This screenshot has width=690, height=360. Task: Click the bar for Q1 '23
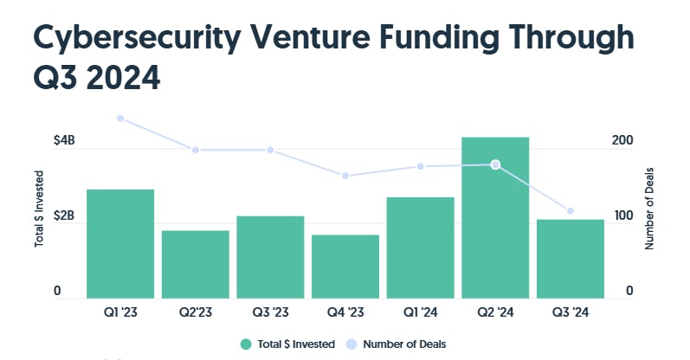point(120,243)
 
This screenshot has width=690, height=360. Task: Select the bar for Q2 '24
point(495,217)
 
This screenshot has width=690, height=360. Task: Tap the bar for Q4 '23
point(345,266)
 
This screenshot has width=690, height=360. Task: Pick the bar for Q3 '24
point(571,258)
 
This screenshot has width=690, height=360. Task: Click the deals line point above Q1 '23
point(120,119)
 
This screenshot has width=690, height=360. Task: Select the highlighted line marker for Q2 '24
point(495,164)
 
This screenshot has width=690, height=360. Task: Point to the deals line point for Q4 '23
point(345,176)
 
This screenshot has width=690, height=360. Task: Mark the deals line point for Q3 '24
point(571,211)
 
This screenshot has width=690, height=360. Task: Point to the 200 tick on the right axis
point(623,140)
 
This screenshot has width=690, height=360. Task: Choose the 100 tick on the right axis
point(623,215)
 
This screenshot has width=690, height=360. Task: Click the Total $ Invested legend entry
point(288,344)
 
